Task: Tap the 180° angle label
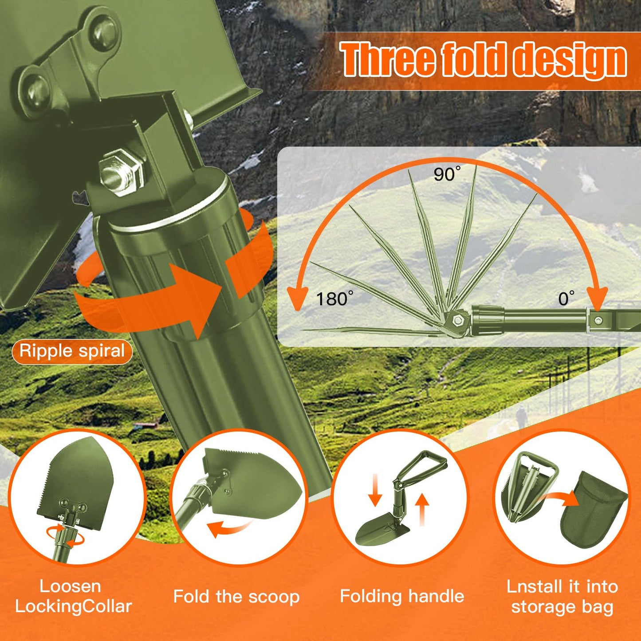(x=334, y=299)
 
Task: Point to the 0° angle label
(x=566, y=298)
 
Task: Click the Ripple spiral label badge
(x=72, y=351)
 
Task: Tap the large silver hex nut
(x=122, y=173)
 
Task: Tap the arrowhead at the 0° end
(x=597, y=298)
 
